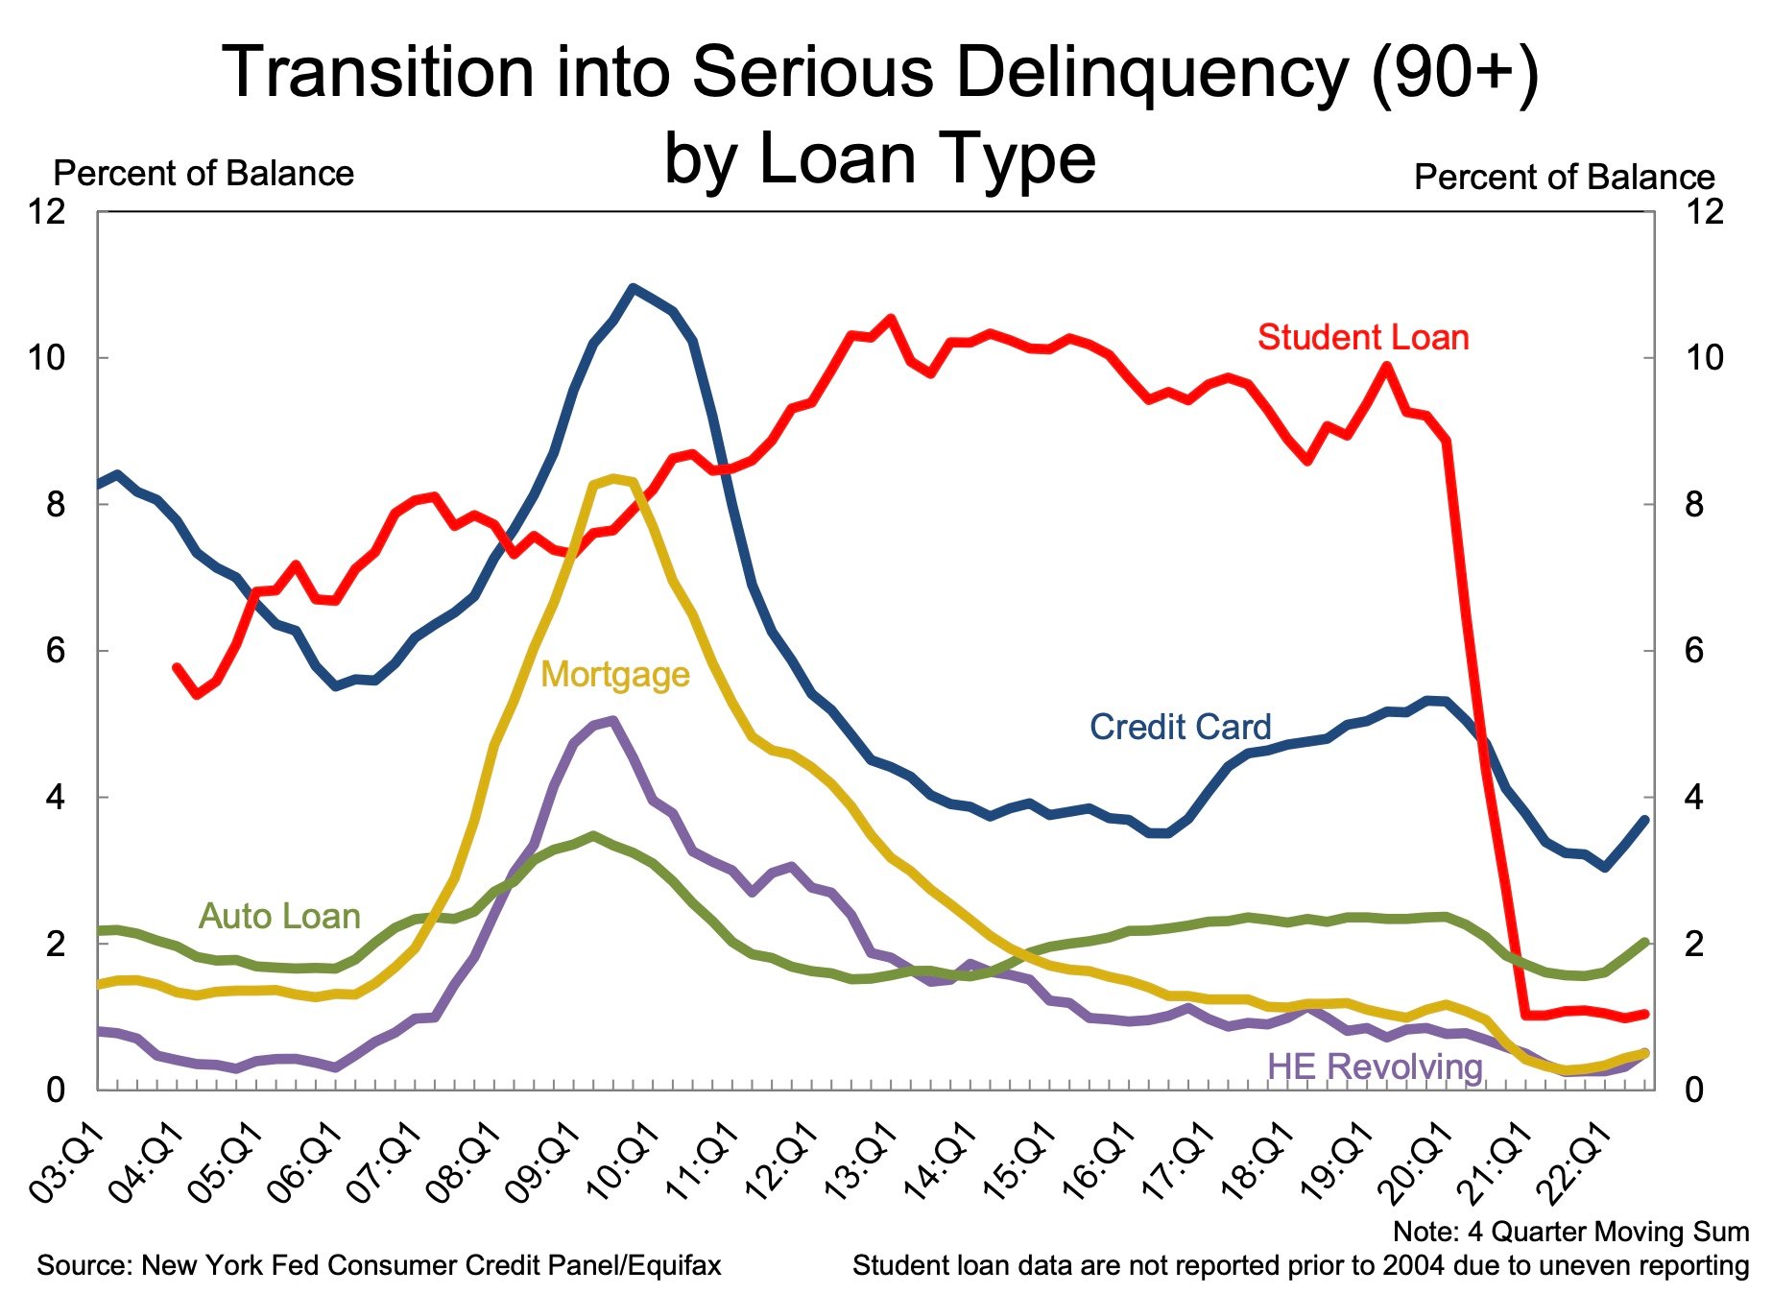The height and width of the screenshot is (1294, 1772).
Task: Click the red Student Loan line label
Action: click(x=1362, y=338)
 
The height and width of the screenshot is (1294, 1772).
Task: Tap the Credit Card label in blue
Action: click(x=1179, y=727)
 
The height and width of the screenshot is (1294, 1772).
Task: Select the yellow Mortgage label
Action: click(x=614, y=675)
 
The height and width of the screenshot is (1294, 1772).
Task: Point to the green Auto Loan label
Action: click(x=278, y=916)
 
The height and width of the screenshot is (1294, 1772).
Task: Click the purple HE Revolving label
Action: click(x=1374, y=1066)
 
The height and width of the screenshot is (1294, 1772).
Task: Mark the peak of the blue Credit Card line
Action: click(x=632, y=287)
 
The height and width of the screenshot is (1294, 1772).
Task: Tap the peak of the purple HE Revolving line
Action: click(x=612, y=720)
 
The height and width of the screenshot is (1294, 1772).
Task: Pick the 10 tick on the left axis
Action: click(x=46, y=358)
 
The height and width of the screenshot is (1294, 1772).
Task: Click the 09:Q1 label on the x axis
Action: click(x=543, y=1163)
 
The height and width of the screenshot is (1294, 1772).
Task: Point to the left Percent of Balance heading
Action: click(x=203, y=174)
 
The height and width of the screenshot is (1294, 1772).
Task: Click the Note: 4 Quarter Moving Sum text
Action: click(x=1570, y=1232)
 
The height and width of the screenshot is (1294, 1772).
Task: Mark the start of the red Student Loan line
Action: click(x=177, y=666)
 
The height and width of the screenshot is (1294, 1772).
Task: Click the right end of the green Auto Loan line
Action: click(x=1645, y=943)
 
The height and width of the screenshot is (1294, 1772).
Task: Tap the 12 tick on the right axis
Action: click(x=1704, y=211)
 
